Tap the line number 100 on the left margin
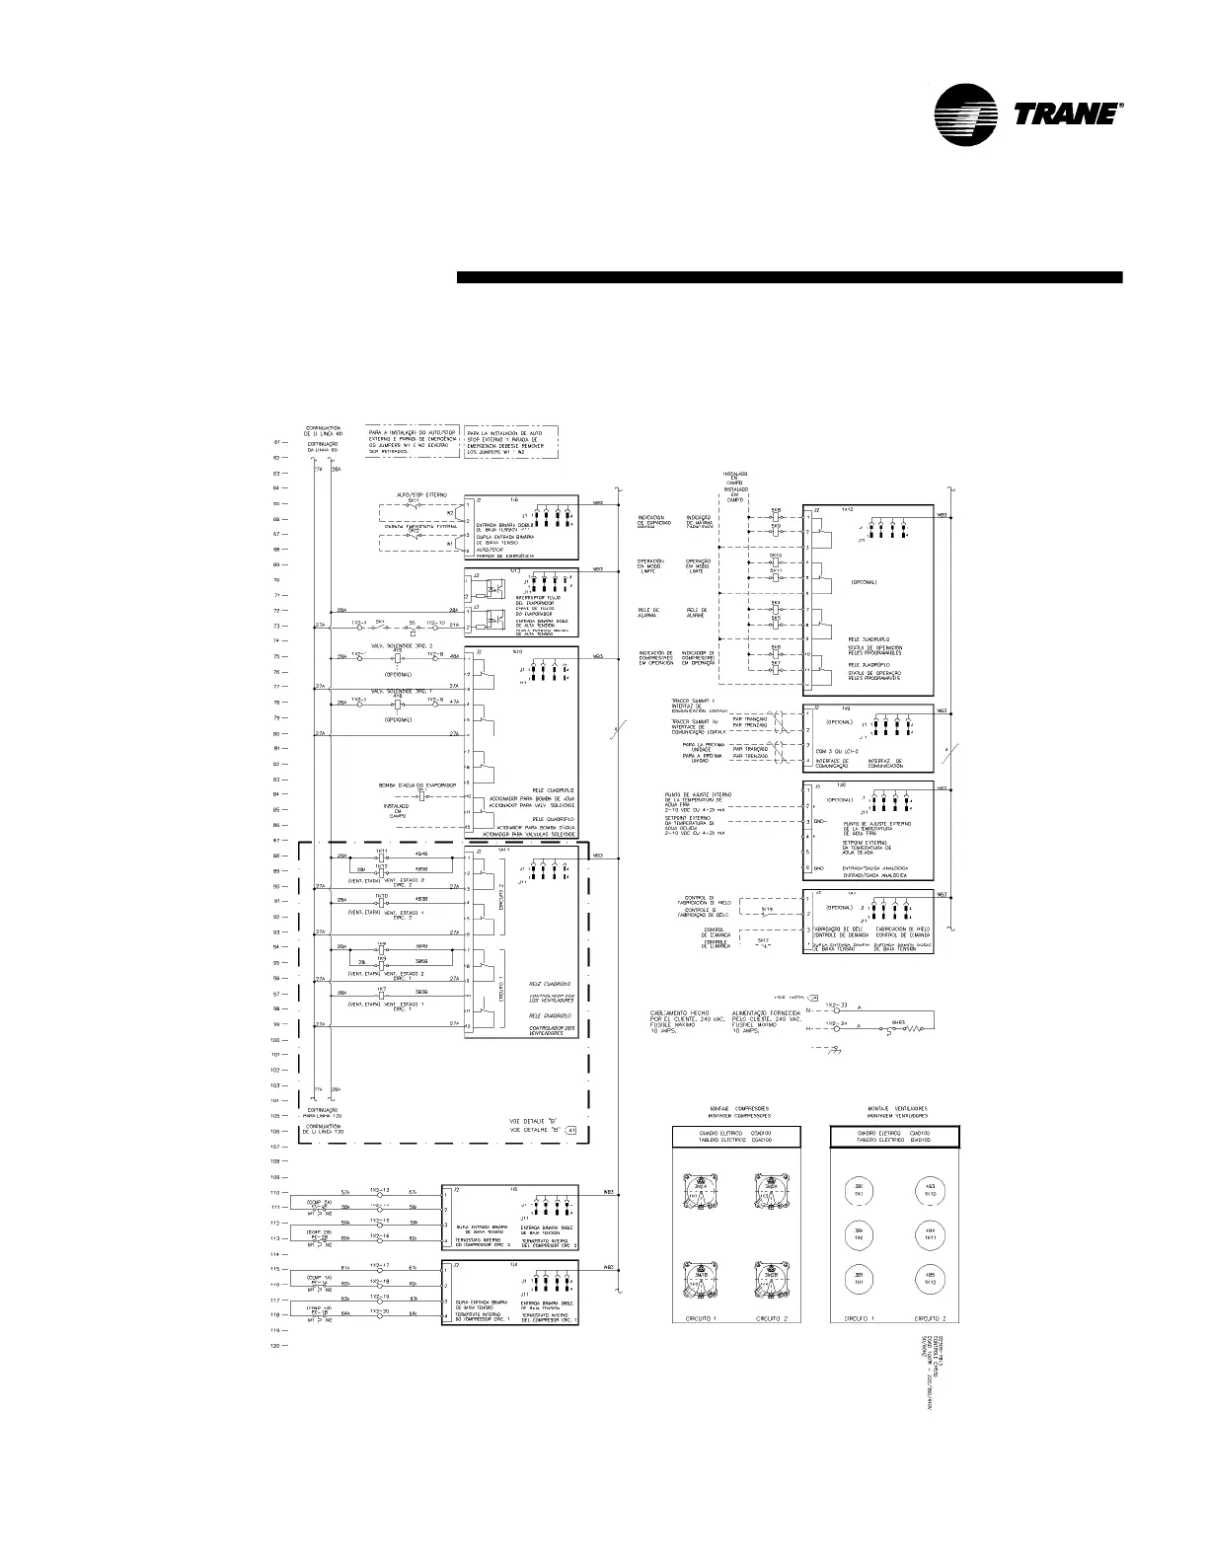(279, 1040)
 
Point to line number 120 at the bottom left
(279, 1346)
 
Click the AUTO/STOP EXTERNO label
(421, 493)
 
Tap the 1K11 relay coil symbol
(381, 856)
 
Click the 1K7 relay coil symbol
(381, 995)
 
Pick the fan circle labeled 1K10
(929, 1190)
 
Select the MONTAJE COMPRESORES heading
(736, 1109)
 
